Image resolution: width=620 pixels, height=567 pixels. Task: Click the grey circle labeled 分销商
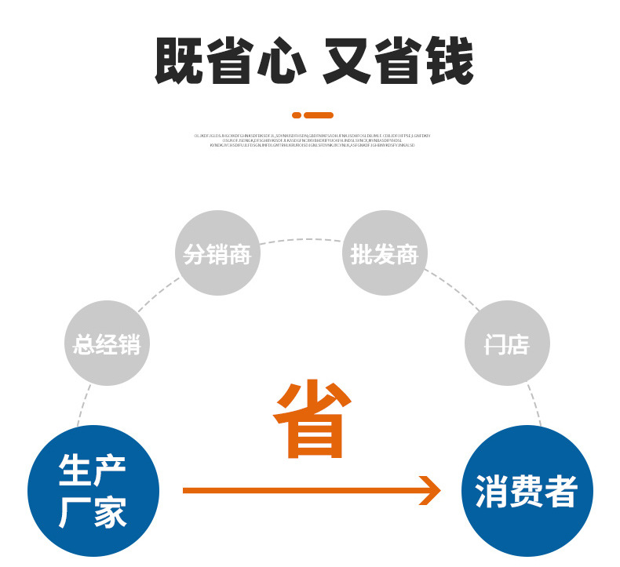pyautogui.click(x=217, y=253)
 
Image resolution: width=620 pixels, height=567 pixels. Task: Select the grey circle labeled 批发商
pyautogui.click(x=385, y=253)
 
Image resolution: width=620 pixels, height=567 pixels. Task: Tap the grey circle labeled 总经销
pyautogui.click(x=107, y=343)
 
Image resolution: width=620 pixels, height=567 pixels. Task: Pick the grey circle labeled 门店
pyautogui.click(x=507, y=343)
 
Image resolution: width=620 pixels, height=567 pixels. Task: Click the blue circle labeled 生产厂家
pyautogui.click(x=93, y=491)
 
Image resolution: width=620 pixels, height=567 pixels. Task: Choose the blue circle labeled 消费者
pyautogui.click(x=527, y=491)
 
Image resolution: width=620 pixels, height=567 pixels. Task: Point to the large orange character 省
pyautogui.click(x=310, y=420)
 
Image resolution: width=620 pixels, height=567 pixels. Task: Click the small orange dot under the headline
pyautogui.click(x=297, y=115)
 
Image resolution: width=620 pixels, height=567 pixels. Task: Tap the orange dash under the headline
pyautogui.click(x=318, y=115)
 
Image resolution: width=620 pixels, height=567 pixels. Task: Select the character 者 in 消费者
pyautogui.click(x=560, y=492)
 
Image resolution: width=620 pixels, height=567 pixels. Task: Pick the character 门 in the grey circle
pyautogui.click(x=495, y=344)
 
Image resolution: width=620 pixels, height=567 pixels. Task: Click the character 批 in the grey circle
pyautogui.click(x=362, y=253)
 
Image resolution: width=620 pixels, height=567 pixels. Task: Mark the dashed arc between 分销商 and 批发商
pyautogui.click(x=301, y=240)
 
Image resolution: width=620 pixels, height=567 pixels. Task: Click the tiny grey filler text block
pyautogui.click(x=311, y=140)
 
